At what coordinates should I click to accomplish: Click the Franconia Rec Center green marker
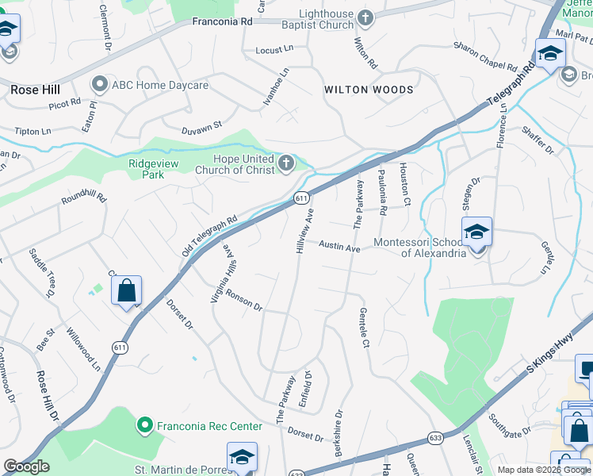[145, 426]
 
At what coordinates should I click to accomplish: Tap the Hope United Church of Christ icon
[287, 164]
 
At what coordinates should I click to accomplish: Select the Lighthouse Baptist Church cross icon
[365, 17]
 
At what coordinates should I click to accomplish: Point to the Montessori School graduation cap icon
[476, 232]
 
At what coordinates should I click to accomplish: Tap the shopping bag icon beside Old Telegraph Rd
[126, 291]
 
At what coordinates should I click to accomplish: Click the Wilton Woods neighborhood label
[369, 90]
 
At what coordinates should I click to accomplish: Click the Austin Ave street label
[340, 248]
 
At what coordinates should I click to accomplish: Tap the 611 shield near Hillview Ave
[301, 198]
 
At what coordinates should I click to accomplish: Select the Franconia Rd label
[222, 22]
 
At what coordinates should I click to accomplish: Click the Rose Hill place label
[36, 90]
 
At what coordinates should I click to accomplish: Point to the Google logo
[26, 466]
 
